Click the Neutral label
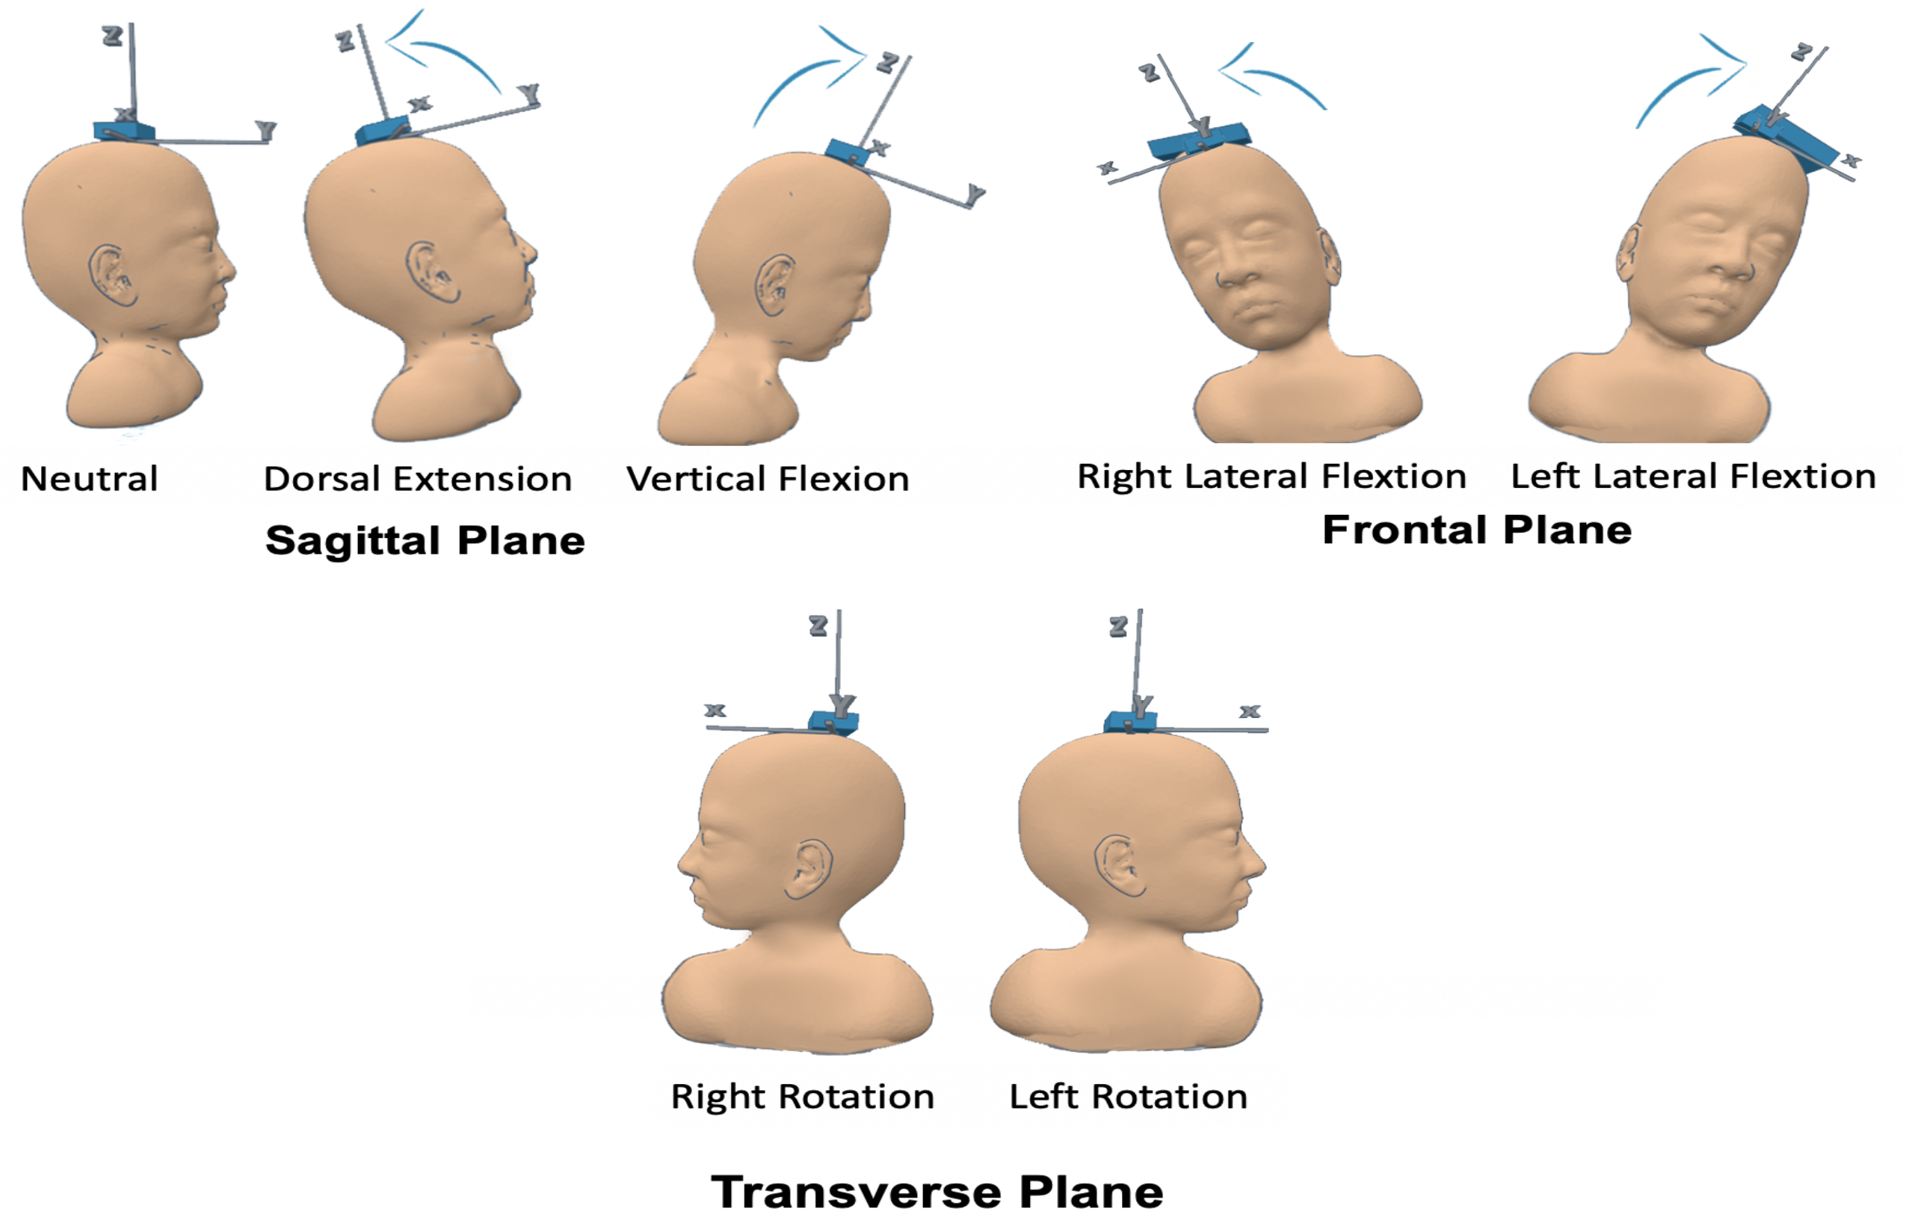(x=89, y=479)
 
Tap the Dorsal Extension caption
(x=417, y=479)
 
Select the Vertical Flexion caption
(x=767, y=479)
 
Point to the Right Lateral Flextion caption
(x=1271, y=477)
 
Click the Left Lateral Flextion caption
(x=1692, y=477)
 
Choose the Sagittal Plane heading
(x=425, y=541)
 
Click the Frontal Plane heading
(x=1477, y=530)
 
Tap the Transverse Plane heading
(x=937, y=1192)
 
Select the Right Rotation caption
(x=802, y=1097)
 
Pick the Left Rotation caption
(x=1128, y=1097)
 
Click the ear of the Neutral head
(x=112, y=276)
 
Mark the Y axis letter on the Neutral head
(x=265, y=130)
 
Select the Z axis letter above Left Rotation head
(x=1118, y=627)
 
